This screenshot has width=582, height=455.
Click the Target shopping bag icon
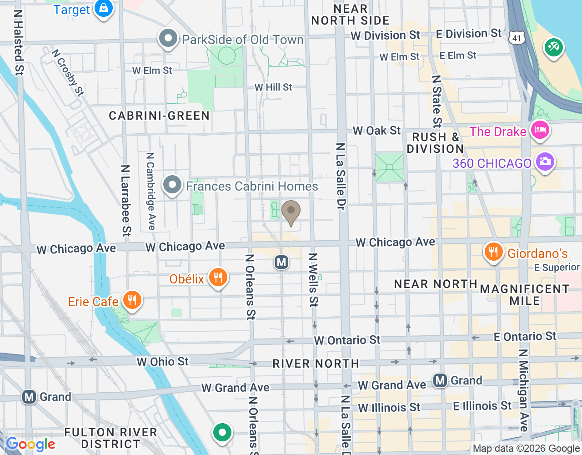click(104, 9)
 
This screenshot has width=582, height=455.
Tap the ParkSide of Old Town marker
click(168, 39)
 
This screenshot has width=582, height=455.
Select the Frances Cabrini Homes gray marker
click(172, 185)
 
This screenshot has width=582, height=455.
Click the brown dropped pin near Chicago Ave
click(291, 212)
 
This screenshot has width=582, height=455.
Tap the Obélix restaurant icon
click(218, 277)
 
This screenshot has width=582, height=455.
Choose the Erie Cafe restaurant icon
click(132, 300)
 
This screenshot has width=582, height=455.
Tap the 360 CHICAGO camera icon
click(545, 162)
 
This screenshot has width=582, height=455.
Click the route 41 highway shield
click(517, 38)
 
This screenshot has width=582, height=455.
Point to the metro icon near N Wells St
click(282, 262)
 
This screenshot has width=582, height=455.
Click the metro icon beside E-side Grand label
click(440, 380)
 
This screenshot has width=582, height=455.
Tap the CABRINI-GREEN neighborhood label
click(159, 116)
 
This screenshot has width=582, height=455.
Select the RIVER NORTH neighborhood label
click(316, 364)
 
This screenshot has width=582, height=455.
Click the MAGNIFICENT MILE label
click(525, 295)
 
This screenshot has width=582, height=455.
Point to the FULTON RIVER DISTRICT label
click(110, 438)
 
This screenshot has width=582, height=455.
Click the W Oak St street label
click(376, 131)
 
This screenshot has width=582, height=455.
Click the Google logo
click(30, 444)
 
